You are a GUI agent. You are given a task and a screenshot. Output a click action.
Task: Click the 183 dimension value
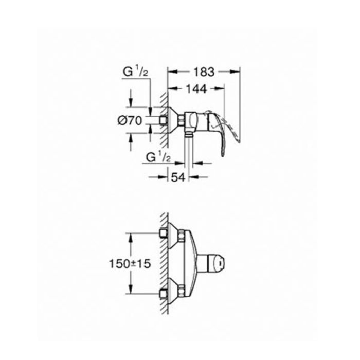204,72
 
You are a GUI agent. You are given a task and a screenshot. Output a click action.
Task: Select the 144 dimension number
196,89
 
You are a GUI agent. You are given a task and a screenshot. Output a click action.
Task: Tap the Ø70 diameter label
130,120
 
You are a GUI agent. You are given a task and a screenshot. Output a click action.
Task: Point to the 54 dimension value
178,177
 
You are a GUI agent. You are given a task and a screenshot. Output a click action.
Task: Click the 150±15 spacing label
130,264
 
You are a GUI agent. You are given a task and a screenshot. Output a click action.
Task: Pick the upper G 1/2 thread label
135,72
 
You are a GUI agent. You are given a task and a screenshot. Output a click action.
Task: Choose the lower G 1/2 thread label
158,157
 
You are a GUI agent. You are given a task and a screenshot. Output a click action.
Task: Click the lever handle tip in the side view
223,155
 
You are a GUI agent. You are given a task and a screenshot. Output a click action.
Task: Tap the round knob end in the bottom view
219,264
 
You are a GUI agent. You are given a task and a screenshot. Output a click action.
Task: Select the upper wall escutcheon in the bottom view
174,236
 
